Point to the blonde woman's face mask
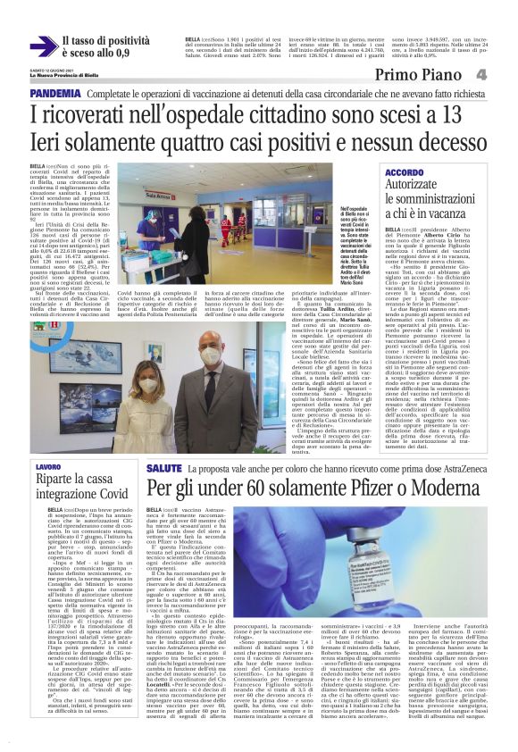click(x=148, y=386)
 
